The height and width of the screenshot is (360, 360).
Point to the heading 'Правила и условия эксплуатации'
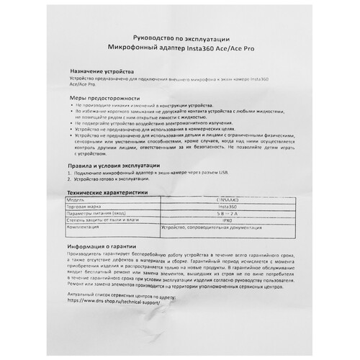(117, 166)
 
